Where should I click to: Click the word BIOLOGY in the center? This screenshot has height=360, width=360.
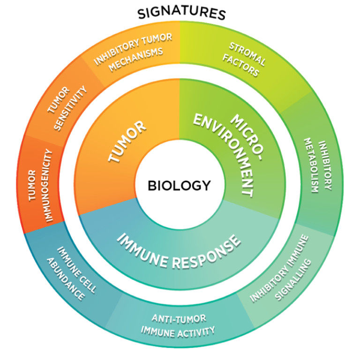click(180, 186)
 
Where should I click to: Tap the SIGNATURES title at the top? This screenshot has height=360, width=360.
click(181, 13)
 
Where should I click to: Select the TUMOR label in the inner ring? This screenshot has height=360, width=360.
click(127, 141)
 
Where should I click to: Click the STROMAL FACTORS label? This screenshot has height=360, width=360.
click(244, 59)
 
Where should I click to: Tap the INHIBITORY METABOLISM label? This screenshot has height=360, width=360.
click(318, 165)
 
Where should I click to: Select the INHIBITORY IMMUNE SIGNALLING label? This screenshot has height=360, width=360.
click(281, 268)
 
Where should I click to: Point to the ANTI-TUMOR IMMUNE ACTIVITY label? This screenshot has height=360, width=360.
click(178, 326)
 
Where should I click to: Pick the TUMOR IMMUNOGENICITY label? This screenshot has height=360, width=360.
click(40, 186)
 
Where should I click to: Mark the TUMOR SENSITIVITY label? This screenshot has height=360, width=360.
click(67, 108)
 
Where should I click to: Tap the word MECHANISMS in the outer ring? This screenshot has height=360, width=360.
click(136, 60)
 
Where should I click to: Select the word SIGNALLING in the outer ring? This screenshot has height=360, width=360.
click(293, 280)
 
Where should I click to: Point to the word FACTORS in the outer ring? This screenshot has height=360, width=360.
click(240, 66)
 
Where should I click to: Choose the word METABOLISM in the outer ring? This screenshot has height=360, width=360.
click(311, 165)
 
